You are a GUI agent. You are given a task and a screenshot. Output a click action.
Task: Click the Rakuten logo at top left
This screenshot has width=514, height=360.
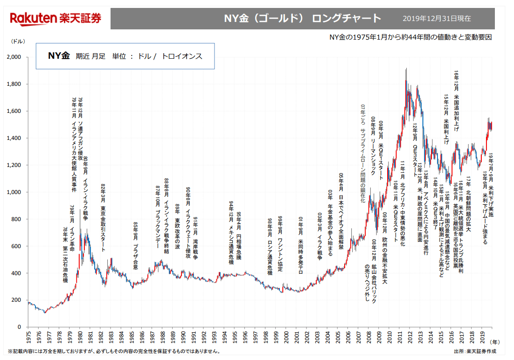(x=56, y=19)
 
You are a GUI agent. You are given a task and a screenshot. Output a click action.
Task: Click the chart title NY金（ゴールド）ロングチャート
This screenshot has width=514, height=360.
(x=302, y=19)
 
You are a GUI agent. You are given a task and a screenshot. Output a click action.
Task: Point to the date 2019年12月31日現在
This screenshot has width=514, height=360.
(x=437, y=19)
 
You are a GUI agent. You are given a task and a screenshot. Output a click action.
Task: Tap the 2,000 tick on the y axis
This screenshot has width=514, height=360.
(x=15, y=57)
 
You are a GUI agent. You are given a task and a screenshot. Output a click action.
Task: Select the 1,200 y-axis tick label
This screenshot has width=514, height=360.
(x=15, y=165)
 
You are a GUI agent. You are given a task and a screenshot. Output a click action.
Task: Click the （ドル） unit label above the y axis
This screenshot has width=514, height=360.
(x=18, y=42)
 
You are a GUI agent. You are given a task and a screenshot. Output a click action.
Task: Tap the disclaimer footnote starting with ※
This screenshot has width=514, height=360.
(x=114, y=351)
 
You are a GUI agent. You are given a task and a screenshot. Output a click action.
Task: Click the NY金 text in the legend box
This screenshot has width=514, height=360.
(x=58, y=56)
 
